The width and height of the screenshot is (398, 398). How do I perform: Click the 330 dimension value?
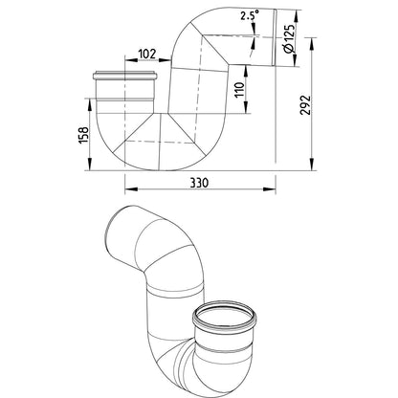pos(199,183)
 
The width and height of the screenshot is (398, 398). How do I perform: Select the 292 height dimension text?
pos(305,105)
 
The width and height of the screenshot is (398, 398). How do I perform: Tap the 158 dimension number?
pos(83,135)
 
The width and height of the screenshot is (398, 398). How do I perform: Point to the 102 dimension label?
pos(147,54)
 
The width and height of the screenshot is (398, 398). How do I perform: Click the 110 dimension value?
pos(240,90)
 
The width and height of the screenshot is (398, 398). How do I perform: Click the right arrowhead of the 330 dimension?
pos(270,189)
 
